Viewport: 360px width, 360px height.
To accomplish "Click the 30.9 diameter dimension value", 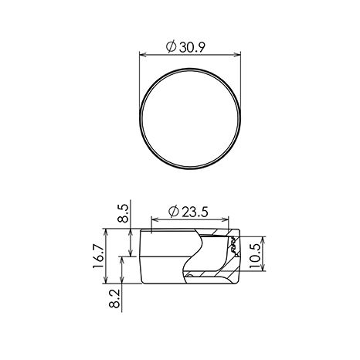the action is coord(192,47).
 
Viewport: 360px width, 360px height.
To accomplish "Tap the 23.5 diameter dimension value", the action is coord(195,212).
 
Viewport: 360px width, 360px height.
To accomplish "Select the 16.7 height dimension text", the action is coord(99,256).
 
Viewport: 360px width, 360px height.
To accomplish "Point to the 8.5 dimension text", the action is coord(123,213).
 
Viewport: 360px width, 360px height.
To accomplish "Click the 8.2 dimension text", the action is coord(114,298).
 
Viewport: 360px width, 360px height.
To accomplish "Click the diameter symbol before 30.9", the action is coord(171,47).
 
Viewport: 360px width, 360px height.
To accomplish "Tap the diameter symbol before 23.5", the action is coord(174,212).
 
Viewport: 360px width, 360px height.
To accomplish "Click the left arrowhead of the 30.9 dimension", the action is coord(143,55).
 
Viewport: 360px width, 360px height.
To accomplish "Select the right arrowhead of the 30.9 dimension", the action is coord(237,55).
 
